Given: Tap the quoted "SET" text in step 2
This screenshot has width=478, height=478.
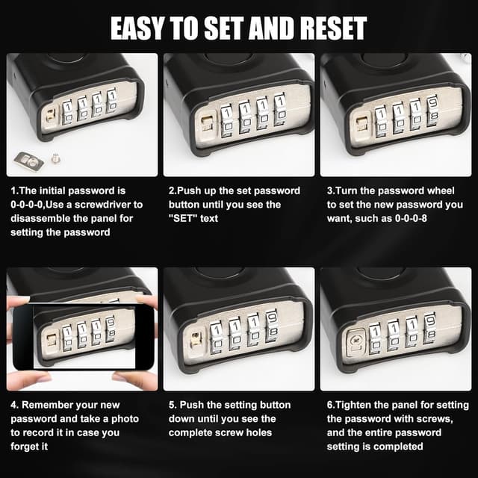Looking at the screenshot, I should (182, 218).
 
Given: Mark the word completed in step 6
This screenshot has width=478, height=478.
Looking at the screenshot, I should (397, 447).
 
